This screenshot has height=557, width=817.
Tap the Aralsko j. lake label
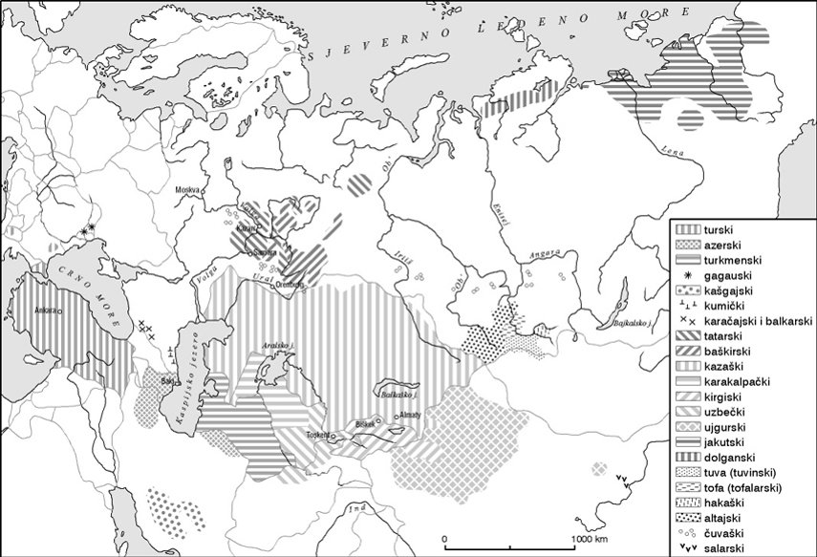[277, 346]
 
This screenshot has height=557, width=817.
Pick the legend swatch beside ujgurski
[686, 429]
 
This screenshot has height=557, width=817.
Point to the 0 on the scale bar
[444, 540]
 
